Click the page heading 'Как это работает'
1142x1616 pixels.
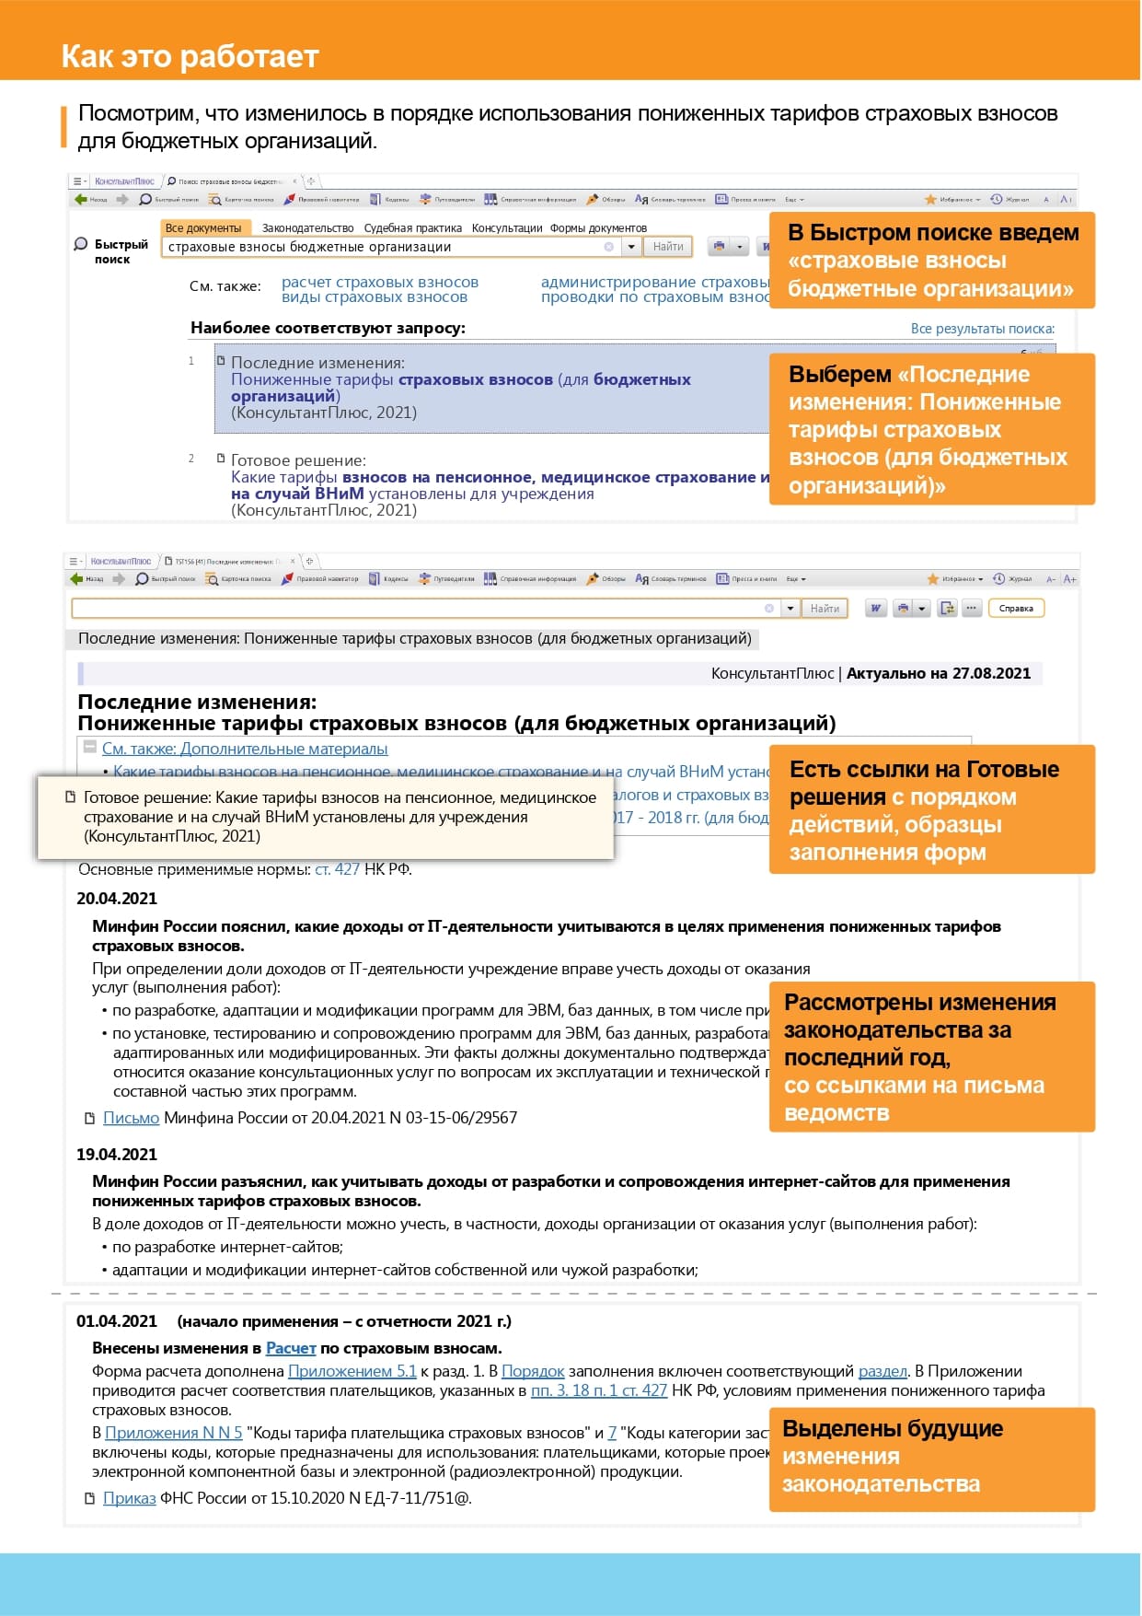[x=190, y=56]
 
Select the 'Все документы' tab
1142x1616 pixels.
[x=203, y=227]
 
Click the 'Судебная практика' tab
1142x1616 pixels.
[x=412, y=227]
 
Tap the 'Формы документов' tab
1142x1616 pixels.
[x=598, y=227]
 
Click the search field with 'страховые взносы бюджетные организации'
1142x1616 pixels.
[x=382, y=247]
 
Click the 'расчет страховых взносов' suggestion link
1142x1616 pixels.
[x=380, y=282]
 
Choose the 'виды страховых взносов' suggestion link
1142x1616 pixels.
[x=375, y=296]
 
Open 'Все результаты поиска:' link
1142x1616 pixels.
[x=982, y=329]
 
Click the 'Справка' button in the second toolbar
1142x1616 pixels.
[x=1016, y=608]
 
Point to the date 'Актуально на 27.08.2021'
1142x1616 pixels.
[x=938, y=673]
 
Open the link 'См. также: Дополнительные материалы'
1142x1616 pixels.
[x=245, y=749]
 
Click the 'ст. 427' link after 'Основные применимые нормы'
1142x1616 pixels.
[x=337, y=868]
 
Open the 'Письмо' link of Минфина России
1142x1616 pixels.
[x=131, y=1117]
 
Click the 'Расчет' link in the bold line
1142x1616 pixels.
[x=291, y=1348]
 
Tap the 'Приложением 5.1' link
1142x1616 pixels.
[x=352, y=1371]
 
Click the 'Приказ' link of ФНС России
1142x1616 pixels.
[x=129, y=1497]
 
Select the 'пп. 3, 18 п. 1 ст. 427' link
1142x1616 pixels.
[x=599, y=1390]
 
